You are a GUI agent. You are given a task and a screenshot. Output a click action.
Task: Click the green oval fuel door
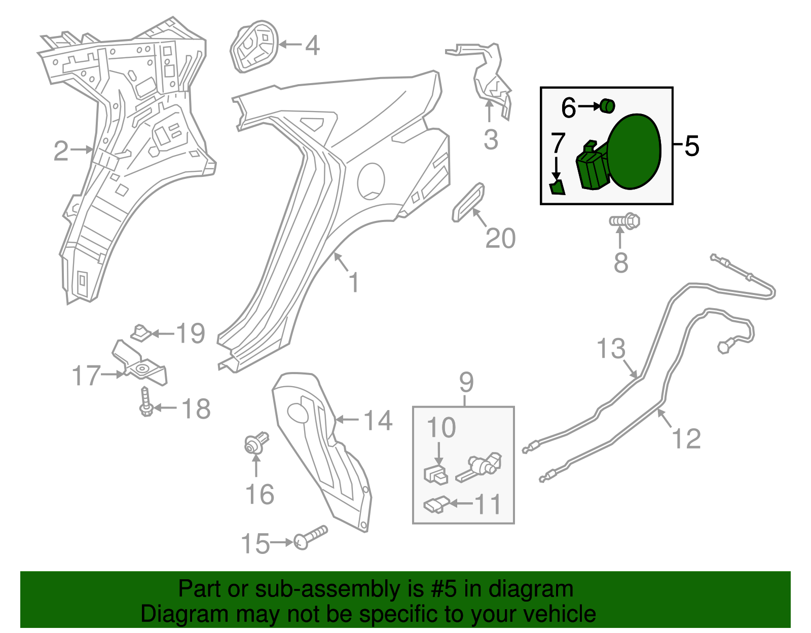[x=635, y=152]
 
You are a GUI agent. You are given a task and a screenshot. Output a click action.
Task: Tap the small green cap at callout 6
[x=607, y=106]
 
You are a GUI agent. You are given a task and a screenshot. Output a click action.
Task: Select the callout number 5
[x=691, y=146]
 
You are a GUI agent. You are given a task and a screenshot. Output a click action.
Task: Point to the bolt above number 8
[x=624, y=221]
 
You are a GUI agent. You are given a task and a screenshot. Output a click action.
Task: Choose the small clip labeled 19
[x=141, y=333]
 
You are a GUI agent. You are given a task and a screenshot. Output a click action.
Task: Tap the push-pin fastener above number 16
[x=256, y=443]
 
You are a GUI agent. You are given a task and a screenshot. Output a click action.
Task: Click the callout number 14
[x=378, y=420]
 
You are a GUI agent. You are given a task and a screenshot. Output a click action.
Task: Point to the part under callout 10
[x=435, y=475]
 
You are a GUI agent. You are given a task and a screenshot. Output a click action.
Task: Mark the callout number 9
[x=466, y=382]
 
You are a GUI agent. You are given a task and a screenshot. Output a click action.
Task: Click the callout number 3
[x=491, y=140]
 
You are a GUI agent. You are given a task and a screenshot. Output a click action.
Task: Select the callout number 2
[x=61, y=151]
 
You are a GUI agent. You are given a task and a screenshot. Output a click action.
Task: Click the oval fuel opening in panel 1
[x=371, y=181]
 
